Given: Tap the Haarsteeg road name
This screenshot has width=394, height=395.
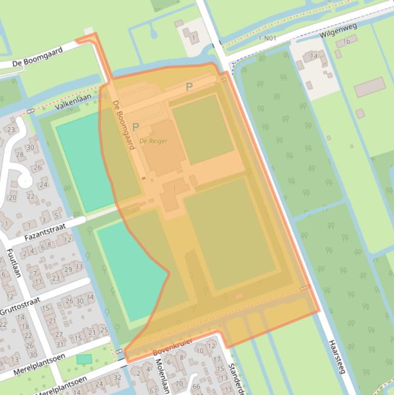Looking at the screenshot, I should pyautogui.click(x=338, y=356).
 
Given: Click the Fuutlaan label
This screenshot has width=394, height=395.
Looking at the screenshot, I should pyautogui.click(x=13, y=263).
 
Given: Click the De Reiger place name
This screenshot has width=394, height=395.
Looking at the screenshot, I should pyautogui.click(x=154, y=141).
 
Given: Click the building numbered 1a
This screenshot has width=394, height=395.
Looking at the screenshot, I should pyautogui.click(x=314, y=55).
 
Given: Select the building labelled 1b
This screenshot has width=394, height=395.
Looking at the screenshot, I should pyautogui.click(x=347, y=42).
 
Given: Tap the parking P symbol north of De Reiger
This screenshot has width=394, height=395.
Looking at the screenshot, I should pyautogui.click(x=189, y=87).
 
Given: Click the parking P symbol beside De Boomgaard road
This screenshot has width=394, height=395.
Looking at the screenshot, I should pyautogui.click(x=136, y=127).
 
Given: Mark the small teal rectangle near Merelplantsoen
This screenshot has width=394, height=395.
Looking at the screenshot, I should pyautogui.click(x=84, y=359).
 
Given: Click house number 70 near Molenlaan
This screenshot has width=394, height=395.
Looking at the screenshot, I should pyautogui.click(x=179, y=383).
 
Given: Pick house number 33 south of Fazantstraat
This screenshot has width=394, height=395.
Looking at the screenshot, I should pyautogui.click(x=78, y=267).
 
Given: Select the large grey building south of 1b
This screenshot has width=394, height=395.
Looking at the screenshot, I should pyautogui.click(x=369, y=87).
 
